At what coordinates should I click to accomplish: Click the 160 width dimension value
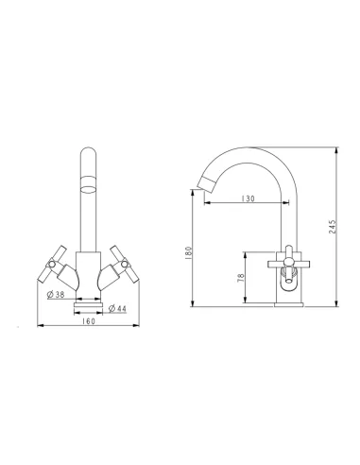pos(89,321)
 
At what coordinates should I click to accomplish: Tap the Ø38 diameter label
pos(56,295)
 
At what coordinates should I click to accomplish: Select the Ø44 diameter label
pos(117,309)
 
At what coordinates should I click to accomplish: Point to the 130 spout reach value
pos(248,198)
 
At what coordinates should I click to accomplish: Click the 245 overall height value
pos(333,226)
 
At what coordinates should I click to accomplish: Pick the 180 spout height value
pos(188,253)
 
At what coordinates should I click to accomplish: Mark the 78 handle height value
pos(241,278)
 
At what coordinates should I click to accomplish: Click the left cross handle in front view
pos(52,264)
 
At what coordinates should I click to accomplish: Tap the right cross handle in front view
pos(125,264)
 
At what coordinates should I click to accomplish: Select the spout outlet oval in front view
pos(88,190)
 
